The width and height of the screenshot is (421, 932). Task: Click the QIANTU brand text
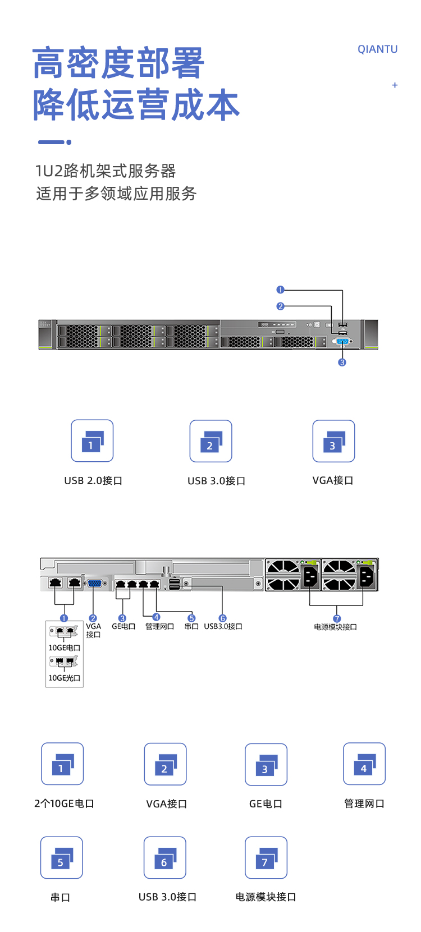(x=377, y=49)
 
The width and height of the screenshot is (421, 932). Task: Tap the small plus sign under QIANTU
(x=395, y=85)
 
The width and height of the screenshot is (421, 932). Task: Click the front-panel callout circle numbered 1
(x=281, y=290)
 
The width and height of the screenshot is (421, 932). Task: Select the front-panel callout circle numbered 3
(x=342, y=362)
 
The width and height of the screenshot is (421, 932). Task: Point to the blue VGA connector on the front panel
(x=342, y=341)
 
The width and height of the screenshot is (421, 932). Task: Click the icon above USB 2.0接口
(x=92, y=441)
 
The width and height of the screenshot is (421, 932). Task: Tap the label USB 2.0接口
(x=93, y=481)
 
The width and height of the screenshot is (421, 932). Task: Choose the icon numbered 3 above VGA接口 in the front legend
(x=333, y=441)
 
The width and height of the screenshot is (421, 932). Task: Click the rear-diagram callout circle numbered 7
(x=337, y=619)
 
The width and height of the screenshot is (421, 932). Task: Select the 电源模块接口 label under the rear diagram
(x=336, y=627)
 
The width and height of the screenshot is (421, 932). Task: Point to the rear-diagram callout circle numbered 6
(x=222, y=618)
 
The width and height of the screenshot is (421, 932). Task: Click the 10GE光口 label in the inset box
(x=64, y=678)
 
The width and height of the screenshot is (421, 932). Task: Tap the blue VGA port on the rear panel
(x=94, y=584)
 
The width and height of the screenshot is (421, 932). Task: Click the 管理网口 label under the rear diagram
(x=159, y=626)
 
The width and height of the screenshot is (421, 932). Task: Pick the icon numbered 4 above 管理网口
(x=364, y=764)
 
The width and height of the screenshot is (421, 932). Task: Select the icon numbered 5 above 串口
(x=61, y=857)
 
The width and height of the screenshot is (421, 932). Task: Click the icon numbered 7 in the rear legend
(x=266, y=857)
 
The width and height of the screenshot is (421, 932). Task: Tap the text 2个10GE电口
(x=64, y=804)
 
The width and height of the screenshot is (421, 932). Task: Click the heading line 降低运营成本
(x=136, y=105)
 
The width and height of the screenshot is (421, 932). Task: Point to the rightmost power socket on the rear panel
(x=366, y=576)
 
